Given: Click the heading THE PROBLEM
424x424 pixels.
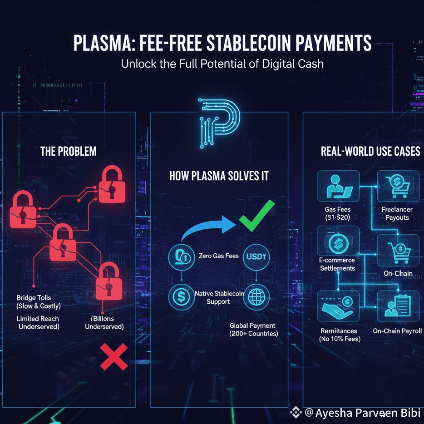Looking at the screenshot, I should (69, 151).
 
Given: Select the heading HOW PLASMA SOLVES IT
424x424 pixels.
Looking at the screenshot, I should (219, 176).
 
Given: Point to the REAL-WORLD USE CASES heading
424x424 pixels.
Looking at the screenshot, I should (370, 151).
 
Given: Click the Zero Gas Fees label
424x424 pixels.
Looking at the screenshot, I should (218, 256).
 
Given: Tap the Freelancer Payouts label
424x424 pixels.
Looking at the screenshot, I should (397, 213).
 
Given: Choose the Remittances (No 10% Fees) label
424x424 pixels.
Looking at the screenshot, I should (339, 335).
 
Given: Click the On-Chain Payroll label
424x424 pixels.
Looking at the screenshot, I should (397, 331).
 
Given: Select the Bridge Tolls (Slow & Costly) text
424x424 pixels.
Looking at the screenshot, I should (38, 302).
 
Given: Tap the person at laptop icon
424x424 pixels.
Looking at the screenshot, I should (338, 186).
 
